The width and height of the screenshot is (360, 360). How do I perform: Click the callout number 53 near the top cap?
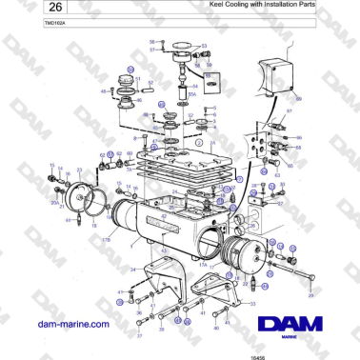[203, 45]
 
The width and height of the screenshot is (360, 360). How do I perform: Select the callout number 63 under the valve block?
[276, 175]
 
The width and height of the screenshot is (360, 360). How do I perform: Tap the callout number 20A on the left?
[54, 201]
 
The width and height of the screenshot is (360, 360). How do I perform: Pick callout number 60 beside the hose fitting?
[129, 152]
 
